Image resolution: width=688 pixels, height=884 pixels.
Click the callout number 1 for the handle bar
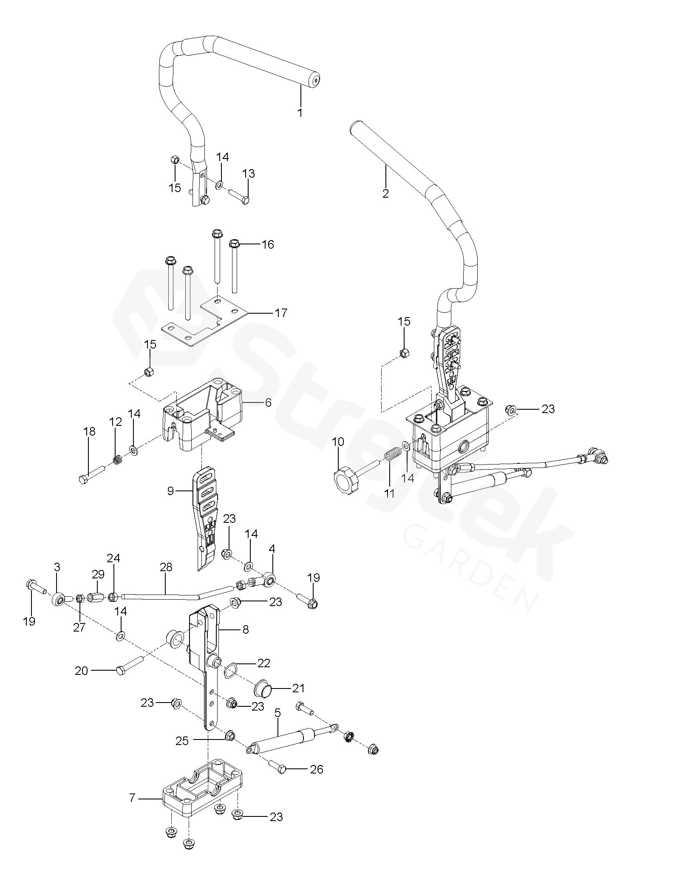300,113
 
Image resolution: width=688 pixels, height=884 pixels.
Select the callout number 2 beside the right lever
385,193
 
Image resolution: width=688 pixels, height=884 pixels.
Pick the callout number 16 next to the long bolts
268,244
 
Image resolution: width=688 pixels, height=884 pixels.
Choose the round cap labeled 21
262,689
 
